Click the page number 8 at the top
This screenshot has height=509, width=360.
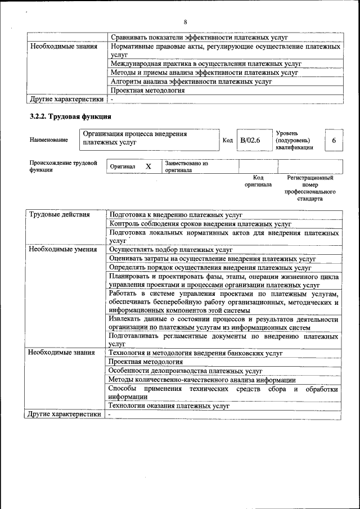click(x=184, y=22)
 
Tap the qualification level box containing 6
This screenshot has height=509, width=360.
click(x=334, y=140)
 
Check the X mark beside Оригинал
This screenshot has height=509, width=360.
click(x=148, y=167)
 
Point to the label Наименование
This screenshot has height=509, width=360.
click(x=49, y=140)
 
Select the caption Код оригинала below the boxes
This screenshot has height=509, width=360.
click(x=258, y=181)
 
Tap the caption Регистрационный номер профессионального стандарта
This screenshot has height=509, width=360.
click(x=310, y=188)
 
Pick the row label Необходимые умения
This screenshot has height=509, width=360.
click(x=63, y=249)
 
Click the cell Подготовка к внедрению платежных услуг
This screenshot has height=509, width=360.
click(x=175, y=215)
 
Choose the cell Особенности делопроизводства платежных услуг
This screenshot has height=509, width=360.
click(x=186, y=371)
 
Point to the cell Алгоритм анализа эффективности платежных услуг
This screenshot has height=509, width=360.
click(x=191, y=82)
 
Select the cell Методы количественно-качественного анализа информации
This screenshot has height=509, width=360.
click(x=202, y=380)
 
